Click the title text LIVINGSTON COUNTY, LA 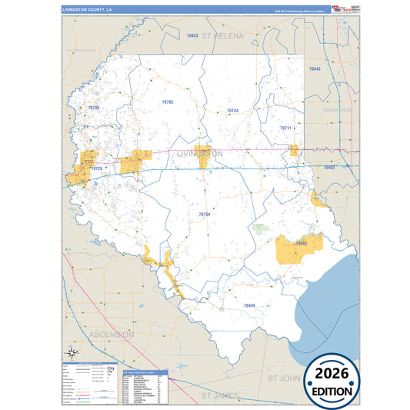tap(87, 10)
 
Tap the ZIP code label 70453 tap(192, 36)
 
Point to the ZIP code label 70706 tap(94, 108)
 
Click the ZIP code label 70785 tap(168, 102)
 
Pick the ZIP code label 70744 tap(232, 111)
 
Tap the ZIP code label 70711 tap(286, 128)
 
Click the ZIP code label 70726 tap(96, 168)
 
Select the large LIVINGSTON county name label tap(200, 154)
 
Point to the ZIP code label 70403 tap(329, 167)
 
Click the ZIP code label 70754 tap(204, 214)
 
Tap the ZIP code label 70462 tap(302, 244)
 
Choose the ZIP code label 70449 tap(248, 306)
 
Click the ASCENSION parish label tap(112, 335)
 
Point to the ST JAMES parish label tap(222, 395)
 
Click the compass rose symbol tap(71, 353)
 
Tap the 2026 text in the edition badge tap(331, 372)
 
